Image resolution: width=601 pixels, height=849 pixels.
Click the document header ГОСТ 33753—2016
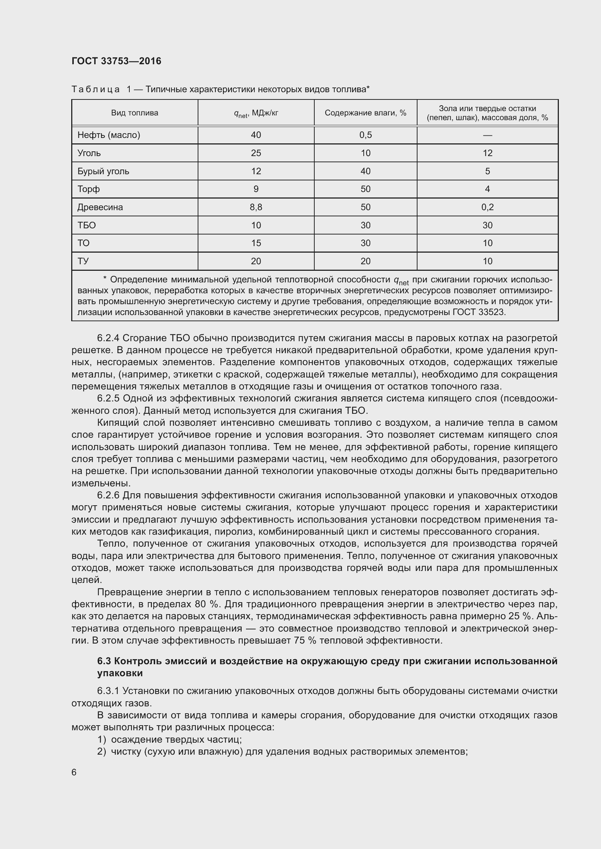point(116,61)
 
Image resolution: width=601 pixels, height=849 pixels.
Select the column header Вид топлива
point(134,113)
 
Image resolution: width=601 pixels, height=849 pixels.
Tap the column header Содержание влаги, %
point(365,113)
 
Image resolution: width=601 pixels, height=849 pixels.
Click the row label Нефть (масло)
point(108,135)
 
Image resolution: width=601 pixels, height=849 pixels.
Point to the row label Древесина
point(100,207)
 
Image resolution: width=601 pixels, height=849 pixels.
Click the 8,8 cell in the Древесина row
point(256,207)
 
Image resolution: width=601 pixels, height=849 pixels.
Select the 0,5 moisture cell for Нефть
point(365,135)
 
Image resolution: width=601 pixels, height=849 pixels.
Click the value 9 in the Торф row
point(256,189)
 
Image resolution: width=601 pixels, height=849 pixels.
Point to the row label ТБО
point(86,225)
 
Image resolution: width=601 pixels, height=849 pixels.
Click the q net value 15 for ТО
point(256,243)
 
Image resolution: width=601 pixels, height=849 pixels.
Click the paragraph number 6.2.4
point(108,338)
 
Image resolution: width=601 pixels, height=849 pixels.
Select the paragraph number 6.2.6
point(108,495)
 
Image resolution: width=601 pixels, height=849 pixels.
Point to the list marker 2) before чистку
point(102,751)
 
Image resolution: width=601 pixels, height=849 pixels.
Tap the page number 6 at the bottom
point(74,772)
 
